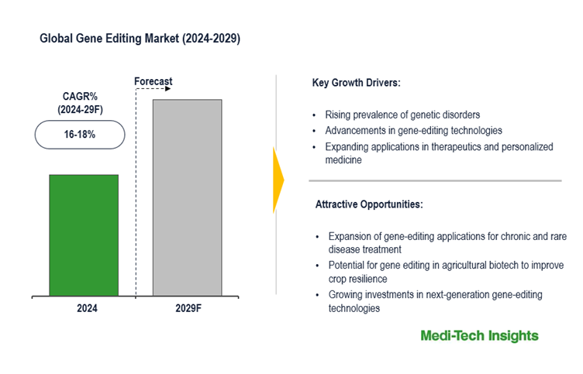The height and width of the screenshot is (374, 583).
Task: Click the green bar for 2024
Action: [x=84, y=235]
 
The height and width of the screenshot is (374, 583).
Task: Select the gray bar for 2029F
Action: [x=187, y=197]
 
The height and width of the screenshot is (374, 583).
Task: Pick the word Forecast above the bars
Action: [x=153, y=81]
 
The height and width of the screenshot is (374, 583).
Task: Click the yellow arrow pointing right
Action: [x=278, y=180]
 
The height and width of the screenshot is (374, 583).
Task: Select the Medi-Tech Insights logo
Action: [x=479, y=335]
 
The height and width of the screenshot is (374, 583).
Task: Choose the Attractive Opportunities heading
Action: [x=369, y=205]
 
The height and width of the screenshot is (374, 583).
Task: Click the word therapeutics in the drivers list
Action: [x=455, y=146]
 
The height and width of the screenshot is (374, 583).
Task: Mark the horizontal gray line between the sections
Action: [x=434, y=181]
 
